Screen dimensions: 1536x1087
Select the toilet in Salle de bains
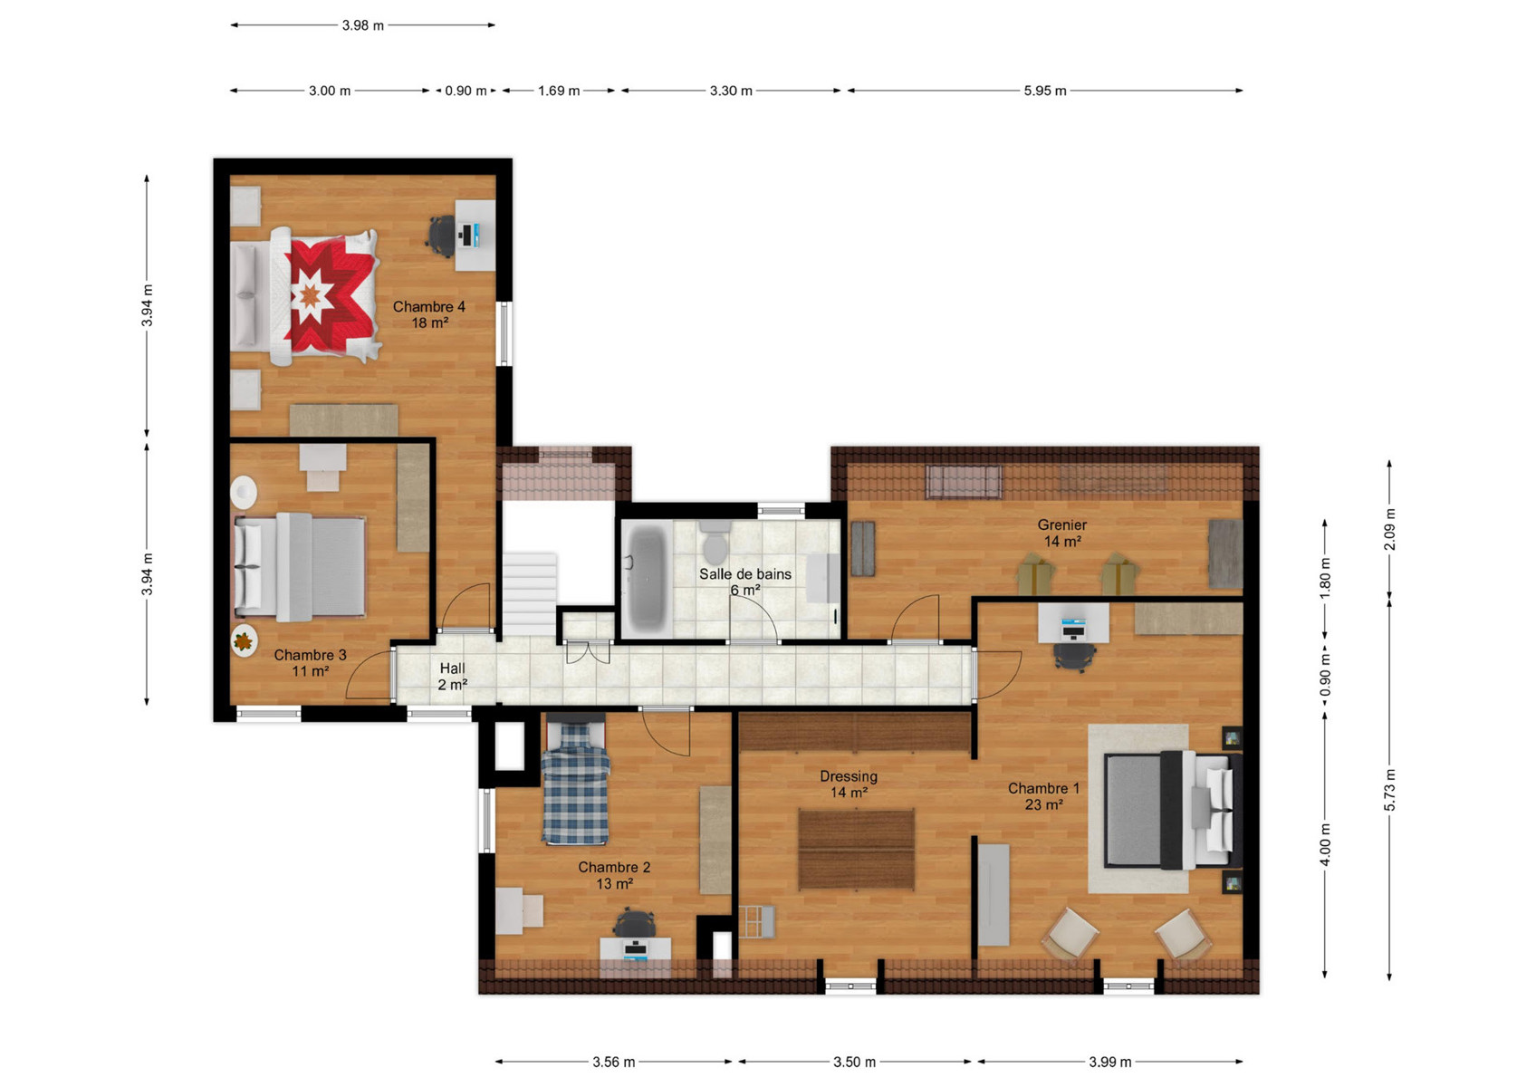[x=715, y=542]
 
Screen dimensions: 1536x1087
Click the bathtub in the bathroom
[x=645, y=577]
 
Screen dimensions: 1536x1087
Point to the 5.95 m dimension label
[x=1045, y=91]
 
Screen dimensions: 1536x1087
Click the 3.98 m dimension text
[x=363, y=25]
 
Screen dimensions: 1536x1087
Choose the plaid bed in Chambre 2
[x=575, y=781]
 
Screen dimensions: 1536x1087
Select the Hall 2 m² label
[x=453, y=676]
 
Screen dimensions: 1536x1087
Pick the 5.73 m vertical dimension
[x=1389, y=789]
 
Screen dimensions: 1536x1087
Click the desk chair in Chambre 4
[x=442, y=236]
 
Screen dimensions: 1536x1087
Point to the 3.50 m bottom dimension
[x=854, y=1063]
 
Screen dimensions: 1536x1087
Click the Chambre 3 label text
[x=310, y=655]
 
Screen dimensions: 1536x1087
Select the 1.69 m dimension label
[x=559, y=91]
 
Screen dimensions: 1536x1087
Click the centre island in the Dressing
[x=857, y=850]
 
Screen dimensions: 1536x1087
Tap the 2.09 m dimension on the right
[x=1389, y=529]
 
